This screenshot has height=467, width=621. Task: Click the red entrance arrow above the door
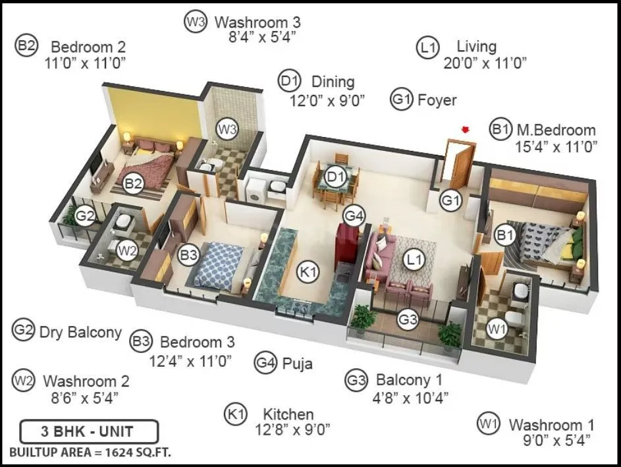tap(466, 130)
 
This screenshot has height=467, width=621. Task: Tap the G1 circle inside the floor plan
tap(452, 200)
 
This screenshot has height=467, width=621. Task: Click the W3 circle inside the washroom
tap(227, 129)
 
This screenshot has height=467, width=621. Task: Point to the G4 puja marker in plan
tap(354, 215)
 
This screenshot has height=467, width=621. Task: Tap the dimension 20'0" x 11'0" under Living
tap(485, 63)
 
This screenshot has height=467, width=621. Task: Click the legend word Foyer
tap(437, 100)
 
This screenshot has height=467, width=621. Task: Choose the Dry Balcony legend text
tap(80, 331)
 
